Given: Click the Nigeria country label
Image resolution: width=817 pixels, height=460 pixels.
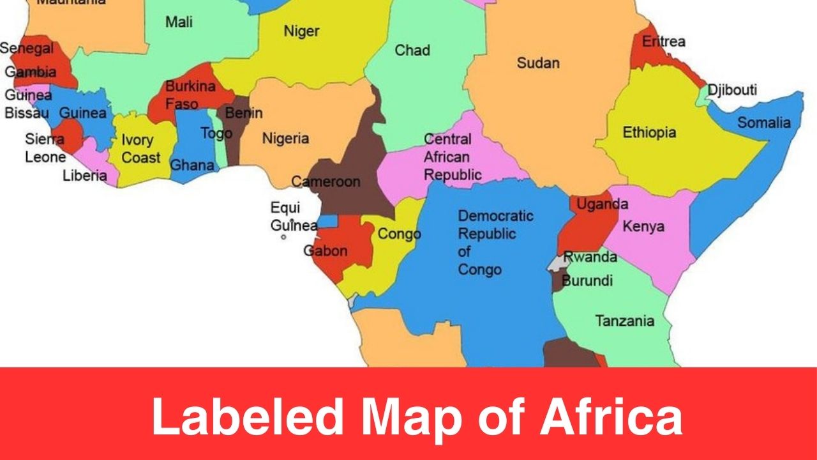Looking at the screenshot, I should coord(285,139).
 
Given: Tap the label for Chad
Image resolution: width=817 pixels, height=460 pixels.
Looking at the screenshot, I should coord(412,50).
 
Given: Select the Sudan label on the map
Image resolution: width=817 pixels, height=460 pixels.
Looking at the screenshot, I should coord(538,63).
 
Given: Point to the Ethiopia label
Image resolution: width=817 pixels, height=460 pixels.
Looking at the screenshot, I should coord(649,133).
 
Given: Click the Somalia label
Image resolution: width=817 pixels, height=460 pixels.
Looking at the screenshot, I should coord(764,123).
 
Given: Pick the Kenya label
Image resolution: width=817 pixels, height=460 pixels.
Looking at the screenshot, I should coord(643,226).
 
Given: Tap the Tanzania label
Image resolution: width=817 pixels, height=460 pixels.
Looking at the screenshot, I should coord(624,321).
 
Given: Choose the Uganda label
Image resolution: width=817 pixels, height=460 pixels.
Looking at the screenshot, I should coord(602,204).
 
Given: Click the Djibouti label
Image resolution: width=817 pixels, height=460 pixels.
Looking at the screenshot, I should coord(732,89).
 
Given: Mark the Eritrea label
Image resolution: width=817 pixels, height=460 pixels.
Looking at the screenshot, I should coord(663,42).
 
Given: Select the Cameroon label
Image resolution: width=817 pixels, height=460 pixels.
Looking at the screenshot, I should coord(326,181).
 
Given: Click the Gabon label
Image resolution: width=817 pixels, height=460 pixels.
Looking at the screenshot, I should coord(326,250).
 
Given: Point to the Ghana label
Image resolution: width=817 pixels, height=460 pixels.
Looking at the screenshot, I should coord(191,165).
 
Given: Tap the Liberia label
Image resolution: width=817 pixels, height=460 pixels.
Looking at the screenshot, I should coord(84,176).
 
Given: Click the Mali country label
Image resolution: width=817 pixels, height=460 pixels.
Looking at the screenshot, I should coord(179,22).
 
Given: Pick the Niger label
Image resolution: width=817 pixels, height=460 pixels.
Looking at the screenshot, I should coord(301,31).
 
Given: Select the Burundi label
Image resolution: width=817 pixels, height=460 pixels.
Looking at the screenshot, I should coord(587,280).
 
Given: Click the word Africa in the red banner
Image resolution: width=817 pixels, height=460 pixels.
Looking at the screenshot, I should coord(611,417).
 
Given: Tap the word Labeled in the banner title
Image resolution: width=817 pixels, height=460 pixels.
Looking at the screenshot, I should coord(246,417).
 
